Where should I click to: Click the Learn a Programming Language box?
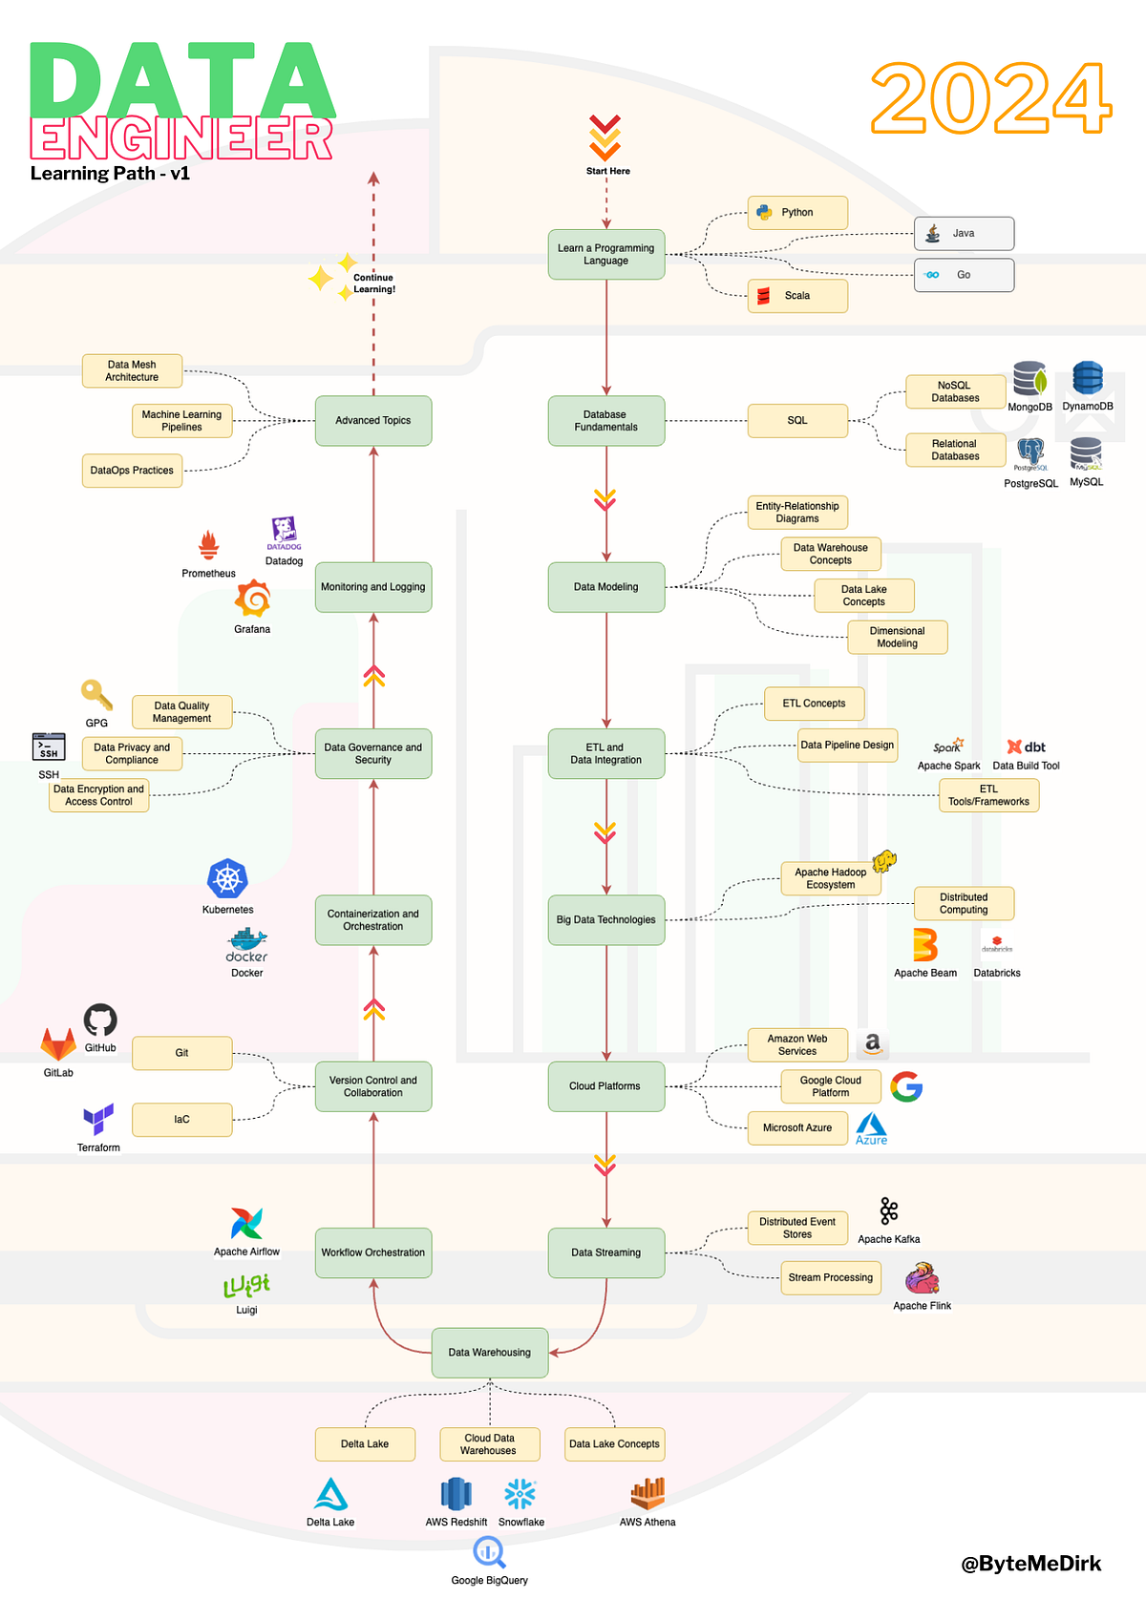pos(605,254)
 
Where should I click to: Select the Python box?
pos(797,213)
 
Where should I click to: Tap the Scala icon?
pos(764,296)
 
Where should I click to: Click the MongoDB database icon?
pos(1029,380)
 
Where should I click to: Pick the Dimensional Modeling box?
pos(897,637)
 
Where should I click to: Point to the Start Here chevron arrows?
pos(605,138)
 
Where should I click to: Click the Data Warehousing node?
pos(489,1352)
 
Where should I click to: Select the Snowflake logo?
pos(520,1494)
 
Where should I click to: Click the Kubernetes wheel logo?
pos(227,879)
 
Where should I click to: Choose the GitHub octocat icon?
pos(100,1020)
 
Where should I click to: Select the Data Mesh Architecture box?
pos(132,370)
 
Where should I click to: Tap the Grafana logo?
pos(253,600)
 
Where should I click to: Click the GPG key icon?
pos(96,695)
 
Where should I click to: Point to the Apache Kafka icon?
pos(889,1211)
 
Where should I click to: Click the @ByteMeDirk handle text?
pos(1030,1564)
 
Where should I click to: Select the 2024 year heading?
pos(990,98)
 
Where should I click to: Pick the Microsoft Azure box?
pos(797,1127)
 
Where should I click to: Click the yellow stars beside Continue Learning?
pos(330,277)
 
